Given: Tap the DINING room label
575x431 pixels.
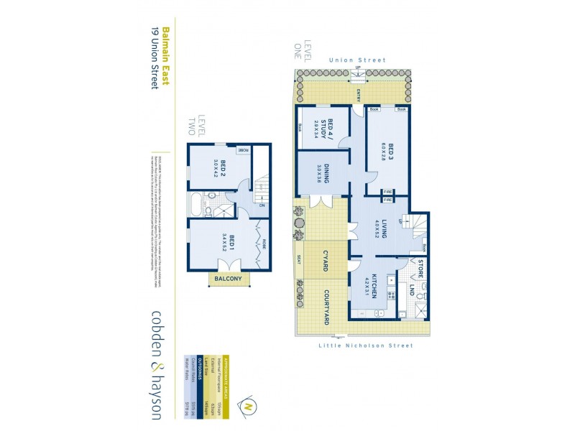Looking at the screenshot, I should point(325,175).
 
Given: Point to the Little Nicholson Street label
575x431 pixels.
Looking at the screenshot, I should point(365,346).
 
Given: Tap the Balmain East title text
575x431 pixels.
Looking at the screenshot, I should point(165,57).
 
